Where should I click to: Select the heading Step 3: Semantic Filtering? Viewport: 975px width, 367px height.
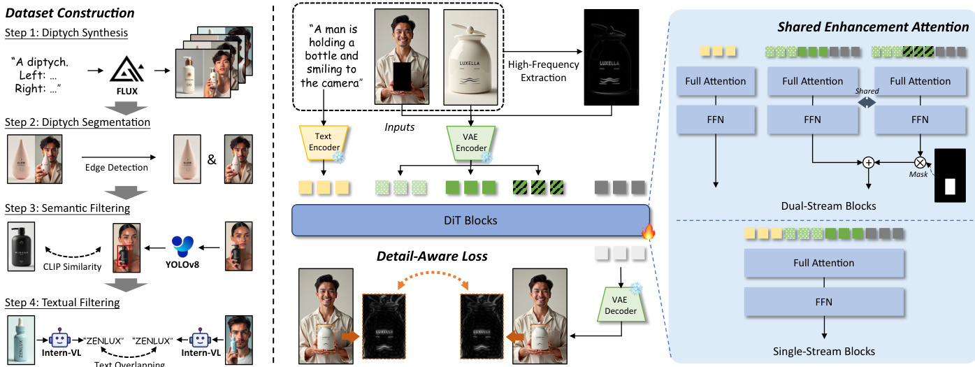(x=67, y=208)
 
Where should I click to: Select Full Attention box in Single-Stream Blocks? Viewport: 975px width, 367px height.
(x=824, y=263)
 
